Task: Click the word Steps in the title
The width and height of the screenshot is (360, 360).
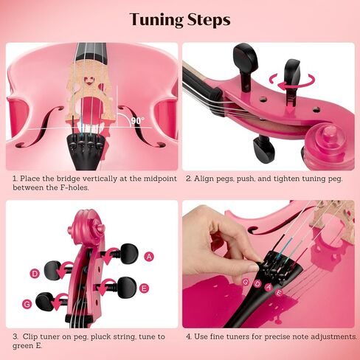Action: [209, 19]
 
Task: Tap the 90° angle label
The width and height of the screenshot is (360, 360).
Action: [138, 120]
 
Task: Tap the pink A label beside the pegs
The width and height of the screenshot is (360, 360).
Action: [149, 257]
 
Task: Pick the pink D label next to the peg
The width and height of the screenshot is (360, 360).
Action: [35, 274]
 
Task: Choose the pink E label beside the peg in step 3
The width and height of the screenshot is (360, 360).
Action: [144, 288]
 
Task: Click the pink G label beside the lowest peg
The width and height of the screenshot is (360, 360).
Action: [27, 305]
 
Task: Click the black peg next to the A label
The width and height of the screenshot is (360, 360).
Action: [129, 253]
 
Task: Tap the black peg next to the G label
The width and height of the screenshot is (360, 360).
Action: [44, 302]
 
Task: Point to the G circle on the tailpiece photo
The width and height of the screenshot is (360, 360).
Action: [246, 282]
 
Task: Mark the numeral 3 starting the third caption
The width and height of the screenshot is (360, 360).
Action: [15, 336]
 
